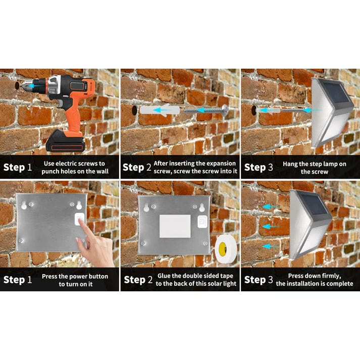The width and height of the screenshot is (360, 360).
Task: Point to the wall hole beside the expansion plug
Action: coord(133,110)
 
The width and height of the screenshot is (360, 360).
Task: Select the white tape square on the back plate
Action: coord(175,226)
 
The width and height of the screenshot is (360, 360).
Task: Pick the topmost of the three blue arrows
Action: coord(271,207)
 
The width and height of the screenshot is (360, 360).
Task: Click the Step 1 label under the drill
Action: coord(18,168)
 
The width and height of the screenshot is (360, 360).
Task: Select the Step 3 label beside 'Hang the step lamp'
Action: coord(258,168)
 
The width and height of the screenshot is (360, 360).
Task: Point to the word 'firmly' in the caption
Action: coord(331,276)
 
